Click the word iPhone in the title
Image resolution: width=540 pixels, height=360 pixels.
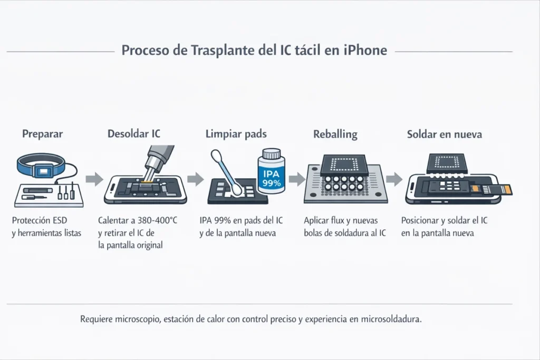click(364, 51)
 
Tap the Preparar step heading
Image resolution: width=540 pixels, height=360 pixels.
click(42, 134)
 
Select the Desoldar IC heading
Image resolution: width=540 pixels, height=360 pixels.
click(133, 134)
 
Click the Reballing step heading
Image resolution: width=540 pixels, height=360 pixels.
click(335, 134)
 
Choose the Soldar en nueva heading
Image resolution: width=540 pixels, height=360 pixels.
click(444, 134)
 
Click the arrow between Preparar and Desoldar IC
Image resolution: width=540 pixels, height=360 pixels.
click(94, 179)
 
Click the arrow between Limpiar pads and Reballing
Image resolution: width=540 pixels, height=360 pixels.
click(297, 179)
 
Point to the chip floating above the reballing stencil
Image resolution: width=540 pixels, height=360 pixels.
click(343, 164)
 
